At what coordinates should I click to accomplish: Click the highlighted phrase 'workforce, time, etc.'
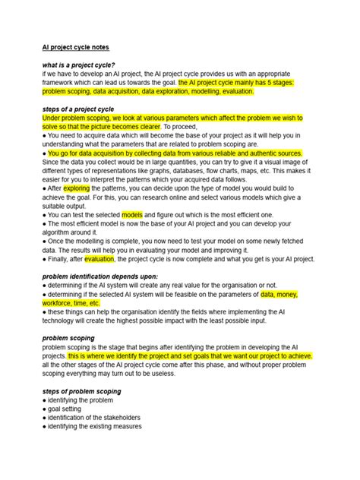[71, 302]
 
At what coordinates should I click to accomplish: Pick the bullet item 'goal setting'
[69, 409]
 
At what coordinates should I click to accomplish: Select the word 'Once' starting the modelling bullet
[57, 242]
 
